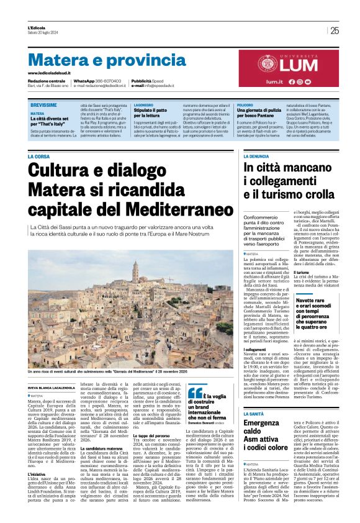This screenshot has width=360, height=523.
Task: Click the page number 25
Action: tap(335, 30)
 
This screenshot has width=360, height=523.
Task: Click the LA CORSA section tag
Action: tap(39, 157)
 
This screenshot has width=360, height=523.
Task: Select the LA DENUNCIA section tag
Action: tap(256, 157)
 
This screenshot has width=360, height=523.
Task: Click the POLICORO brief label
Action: tap(245, 106)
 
